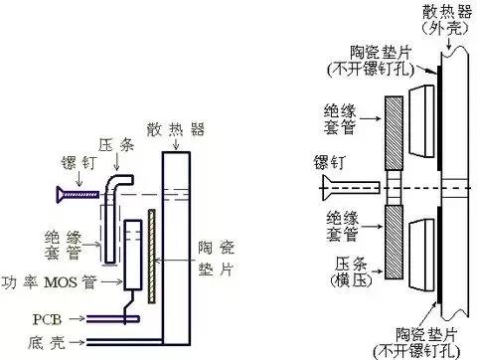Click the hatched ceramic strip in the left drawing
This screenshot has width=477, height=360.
pyautogui.click(x=151, y=255)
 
